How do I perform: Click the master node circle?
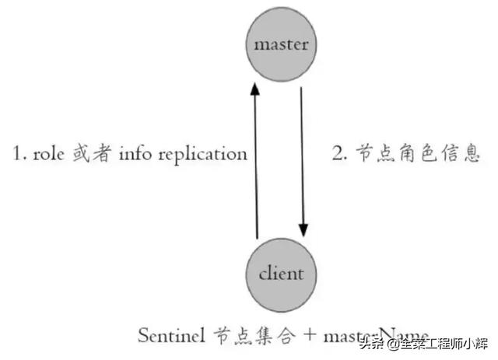pos(281,44)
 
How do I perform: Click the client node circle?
pos(281,274)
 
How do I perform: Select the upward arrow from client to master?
pos(256,163)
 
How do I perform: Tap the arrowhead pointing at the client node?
pos(303,232)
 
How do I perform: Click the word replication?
pos(202,154)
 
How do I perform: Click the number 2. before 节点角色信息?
pos(340,153)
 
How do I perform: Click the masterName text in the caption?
pos(374,336)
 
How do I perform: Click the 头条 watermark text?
pos(373,343)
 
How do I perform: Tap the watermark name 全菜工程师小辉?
pos(444,343)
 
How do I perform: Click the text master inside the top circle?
pos(281,44)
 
